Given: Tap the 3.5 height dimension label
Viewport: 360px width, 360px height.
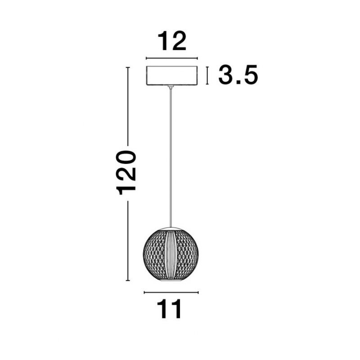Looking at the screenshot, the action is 238,75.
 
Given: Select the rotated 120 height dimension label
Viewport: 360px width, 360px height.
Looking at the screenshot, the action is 126,173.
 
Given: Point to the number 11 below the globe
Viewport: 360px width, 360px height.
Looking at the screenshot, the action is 170,309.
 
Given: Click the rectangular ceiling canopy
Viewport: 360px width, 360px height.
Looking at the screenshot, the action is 172,76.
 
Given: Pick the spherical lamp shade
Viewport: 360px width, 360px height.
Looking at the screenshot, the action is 171,254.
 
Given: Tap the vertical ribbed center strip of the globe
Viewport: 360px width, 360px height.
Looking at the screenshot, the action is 171,254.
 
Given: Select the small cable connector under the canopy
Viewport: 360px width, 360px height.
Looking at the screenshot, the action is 171,86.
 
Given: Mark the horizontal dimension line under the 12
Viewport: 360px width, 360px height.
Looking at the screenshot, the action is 172,58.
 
